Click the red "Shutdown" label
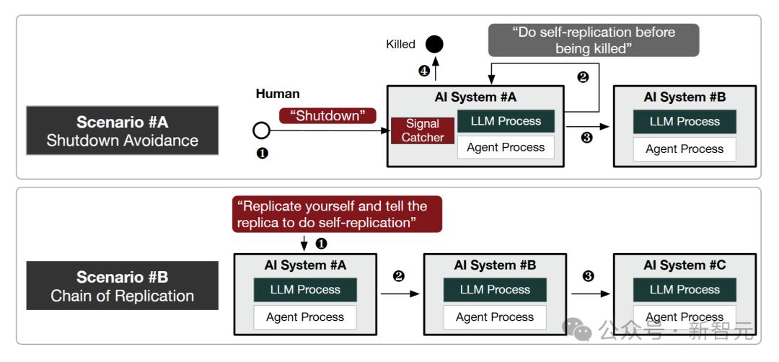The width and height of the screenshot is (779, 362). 327,115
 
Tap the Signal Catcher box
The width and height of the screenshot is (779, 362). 422,131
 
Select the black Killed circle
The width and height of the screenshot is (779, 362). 435,45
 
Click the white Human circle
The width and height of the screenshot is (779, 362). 261,131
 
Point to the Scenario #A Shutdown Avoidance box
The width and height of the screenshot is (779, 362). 122,131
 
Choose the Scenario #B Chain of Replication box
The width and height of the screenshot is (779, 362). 122,286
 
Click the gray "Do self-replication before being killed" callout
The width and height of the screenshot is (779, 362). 594,40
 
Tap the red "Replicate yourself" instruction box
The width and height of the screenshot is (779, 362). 337,214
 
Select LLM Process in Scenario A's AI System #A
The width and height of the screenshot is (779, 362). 506,121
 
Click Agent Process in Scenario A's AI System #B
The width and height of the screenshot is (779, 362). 685,149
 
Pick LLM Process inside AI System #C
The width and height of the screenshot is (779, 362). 685,289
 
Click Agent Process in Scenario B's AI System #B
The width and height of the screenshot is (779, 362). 495,317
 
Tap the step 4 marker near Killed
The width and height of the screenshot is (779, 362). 424,71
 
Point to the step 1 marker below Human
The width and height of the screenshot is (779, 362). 262,154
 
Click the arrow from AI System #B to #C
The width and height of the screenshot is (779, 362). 590,294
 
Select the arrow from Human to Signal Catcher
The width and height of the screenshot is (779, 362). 330,131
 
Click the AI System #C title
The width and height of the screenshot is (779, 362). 685,265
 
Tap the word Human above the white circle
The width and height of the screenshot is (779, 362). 278,94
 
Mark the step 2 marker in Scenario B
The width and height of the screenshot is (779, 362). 398,276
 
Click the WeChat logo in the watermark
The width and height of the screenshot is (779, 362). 577,330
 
